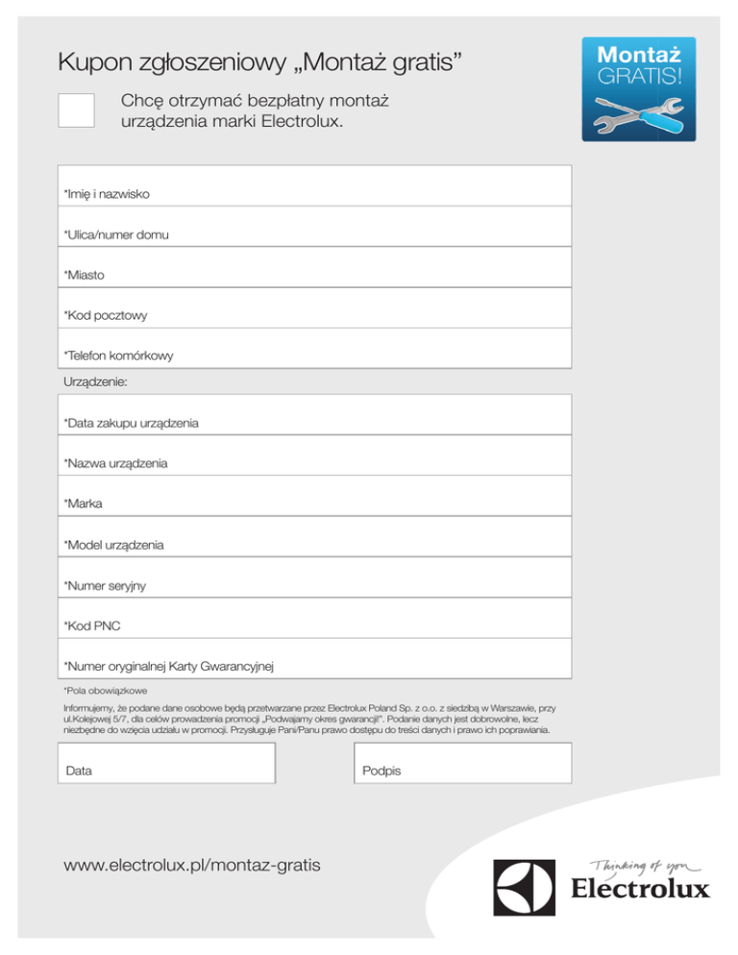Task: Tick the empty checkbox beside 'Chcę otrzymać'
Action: coord(76,110)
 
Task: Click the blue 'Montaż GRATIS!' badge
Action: coord(638,89)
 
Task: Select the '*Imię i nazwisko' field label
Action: coord(108,194)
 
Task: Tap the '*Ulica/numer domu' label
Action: coord(116,234)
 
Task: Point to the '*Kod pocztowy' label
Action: coord(106,315)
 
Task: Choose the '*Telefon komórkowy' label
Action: coord(118,355)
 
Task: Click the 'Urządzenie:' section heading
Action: coord(95,381)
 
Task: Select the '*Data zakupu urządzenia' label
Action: coord(131,423)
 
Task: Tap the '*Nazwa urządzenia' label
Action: coord(115,463)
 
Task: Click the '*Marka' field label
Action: coord(83,503)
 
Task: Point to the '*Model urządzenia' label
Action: coord(113,545)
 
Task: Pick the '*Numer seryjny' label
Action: coord(105,585)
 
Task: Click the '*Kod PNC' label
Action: coord(92,625)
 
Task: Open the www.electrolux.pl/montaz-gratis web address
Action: coord(191,866)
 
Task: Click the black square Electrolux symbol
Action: coord(525,887)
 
